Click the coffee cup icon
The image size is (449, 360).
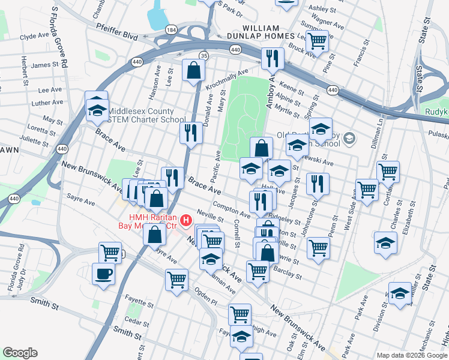(x=103, y=274)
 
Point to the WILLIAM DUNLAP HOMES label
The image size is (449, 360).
(x=261, y=33)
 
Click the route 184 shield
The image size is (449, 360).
(x=172, y=29)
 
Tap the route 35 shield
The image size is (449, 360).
(x=205, y=55)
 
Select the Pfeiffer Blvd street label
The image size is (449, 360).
(x=117, y=35)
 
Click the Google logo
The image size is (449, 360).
(x=20, y=352)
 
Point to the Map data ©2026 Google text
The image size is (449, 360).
(x=411, y=355)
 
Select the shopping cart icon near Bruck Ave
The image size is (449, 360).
(x=317, y=41)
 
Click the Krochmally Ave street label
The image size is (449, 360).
(x=227, y=80)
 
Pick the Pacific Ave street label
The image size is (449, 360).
(x=217, y=163)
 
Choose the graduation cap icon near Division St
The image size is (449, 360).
(x=399, y=295)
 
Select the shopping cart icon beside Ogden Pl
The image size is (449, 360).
(x=176, y=279)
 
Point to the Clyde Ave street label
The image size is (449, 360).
(x=34, y=37)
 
